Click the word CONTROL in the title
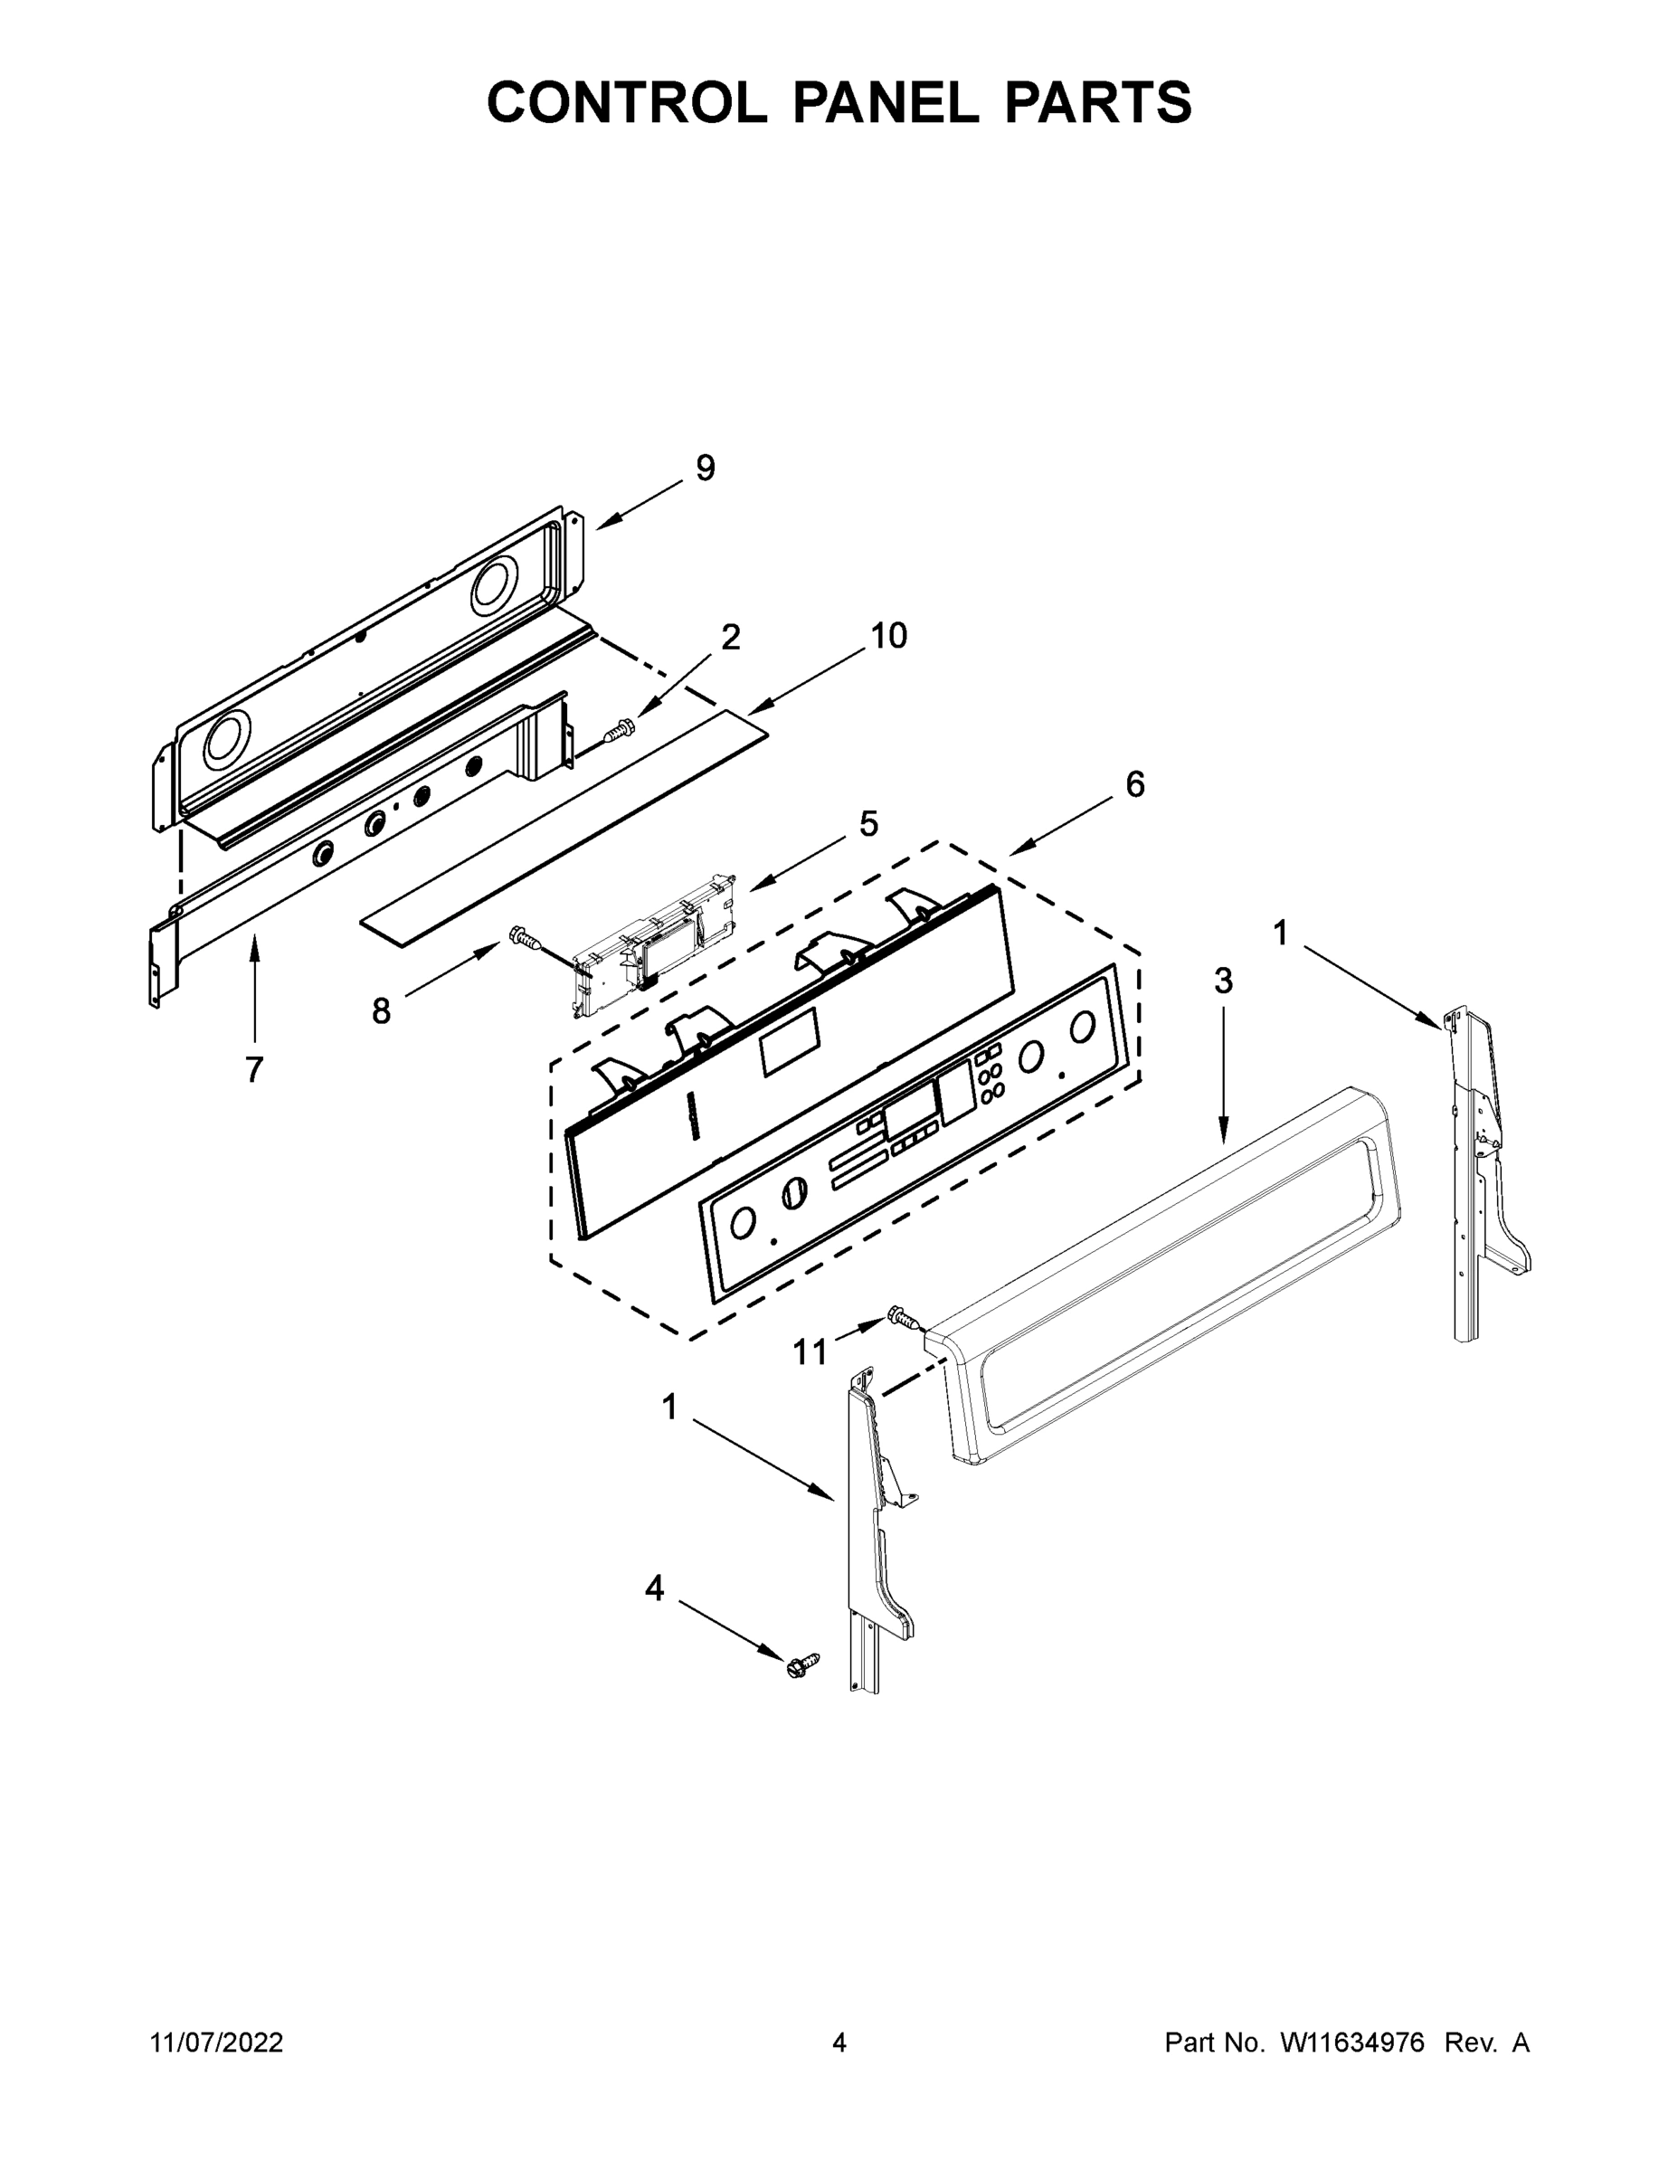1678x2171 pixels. (x=626, y=102)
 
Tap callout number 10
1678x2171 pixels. (x=888, y=636)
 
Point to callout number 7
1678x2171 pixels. (x=254, y=1069)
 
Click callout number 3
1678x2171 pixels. (x=1223, y=981)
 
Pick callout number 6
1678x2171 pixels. (x=1135, y=784)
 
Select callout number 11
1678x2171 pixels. (x=811, y=1352)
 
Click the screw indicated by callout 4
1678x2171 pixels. (x=802, y=1665)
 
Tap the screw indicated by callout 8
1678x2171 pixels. (x=523, y=935)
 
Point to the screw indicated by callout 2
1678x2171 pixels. (x=621, y=732)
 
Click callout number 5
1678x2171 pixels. (x=868, y=824)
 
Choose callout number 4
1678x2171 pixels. (x=654, y=1588)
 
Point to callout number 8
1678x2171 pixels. (x=382, y=1012)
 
